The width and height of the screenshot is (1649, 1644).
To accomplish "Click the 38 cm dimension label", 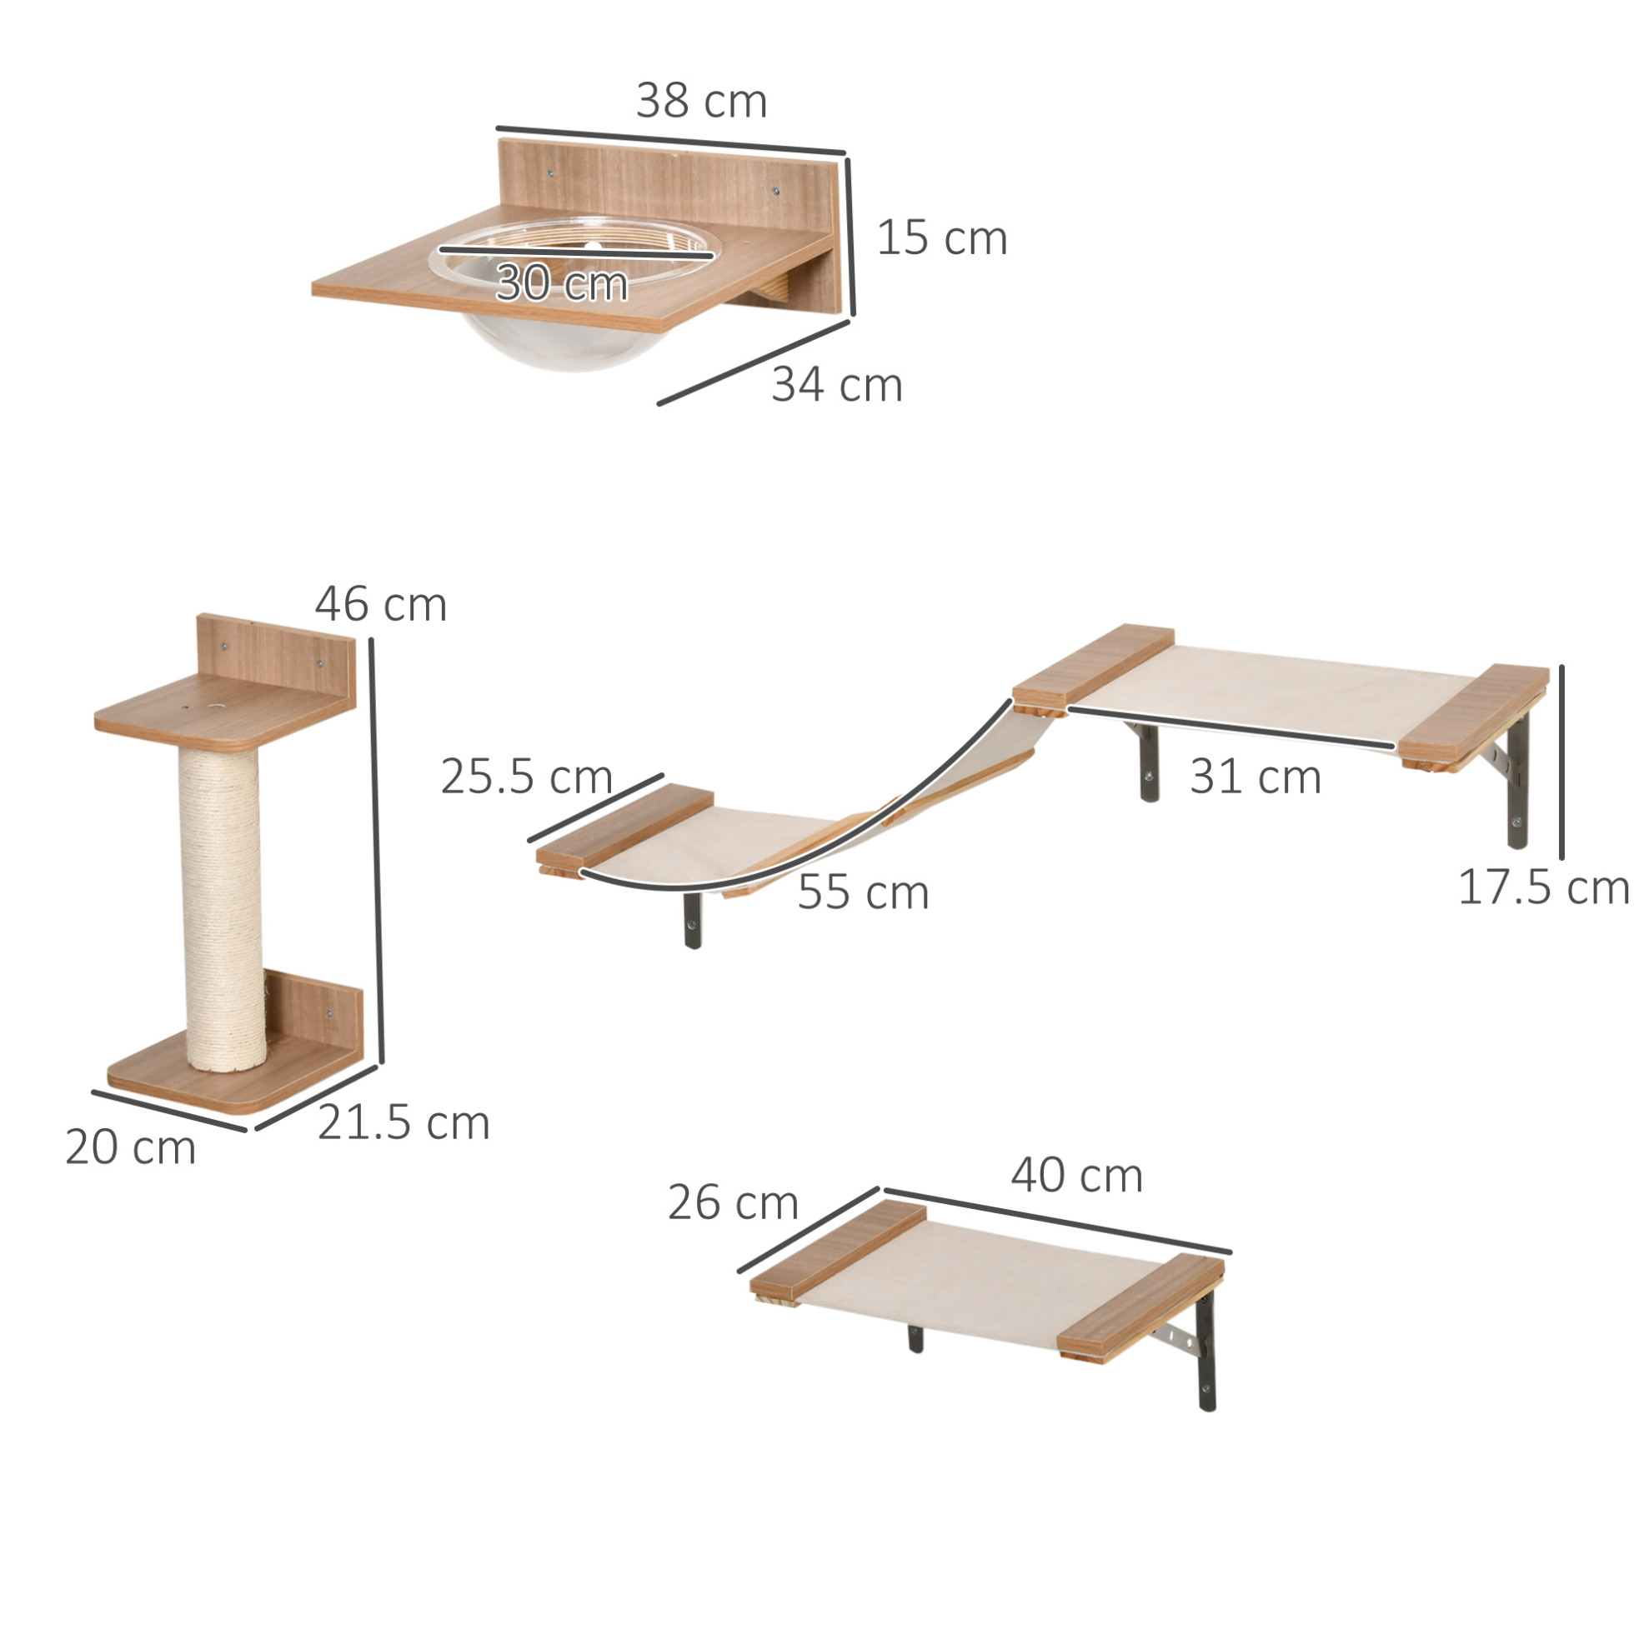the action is pos(701,101).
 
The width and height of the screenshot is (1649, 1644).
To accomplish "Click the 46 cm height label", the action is pos(381,604).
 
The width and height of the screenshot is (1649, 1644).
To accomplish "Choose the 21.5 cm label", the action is pos(403,1122).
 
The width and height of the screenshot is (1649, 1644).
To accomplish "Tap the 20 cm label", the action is pos(131,1147).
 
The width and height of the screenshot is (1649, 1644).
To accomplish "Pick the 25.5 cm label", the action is pos(527,777).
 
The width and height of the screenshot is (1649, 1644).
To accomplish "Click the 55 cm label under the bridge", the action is pos(863,892).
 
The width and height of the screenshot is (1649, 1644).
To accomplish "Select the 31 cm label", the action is pos(1256,777).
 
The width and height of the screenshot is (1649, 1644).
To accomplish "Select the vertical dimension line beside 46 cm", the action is pos(377,851).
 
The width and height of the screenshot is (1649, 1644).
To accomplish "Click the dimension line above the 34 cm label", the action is pos(754,362).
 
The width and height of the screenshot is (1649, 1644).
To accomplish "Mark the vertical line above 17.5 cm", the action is pos(1562,762).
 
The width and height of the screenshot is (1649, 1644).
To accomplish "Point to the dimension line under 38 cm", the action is pos(671,141).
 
